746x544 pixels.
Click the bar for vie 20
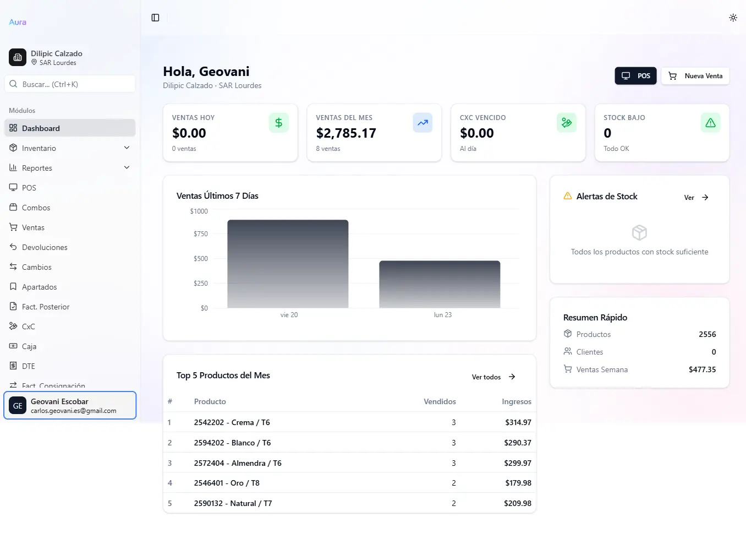point(288,264)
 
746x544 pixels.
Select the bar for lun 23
point(440,284)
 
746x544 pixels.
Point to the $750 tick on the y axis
point(201,234)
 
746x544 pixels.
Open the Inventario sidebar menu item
point(39,148)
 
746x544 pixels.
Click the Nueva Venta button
point(695,76)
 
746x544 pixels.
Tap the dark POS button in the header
point(636,76)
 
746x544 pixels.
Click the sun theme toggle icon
point(733,18)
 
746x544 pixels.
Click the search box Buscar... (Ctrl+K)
point(70,84)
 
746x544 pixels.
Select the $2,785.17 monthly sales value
point(346,133)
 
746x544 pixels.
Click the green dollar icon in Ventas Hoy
point(278,123)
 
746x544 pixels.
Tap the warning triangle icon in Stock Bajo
point(710,123)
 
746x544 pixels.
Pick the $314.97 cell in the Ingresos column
point(518,422)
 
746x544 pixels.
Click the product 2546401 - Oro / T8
point(227,483)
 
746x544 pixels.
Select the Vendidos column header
point(440,401)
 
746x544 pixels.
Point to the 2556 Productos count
point(707,334)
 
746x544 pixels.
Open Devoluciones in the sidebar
point(45,247)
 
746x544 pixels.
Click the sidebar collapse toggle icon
point(155,18)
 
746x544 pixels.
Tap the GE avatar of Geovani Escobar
point(18,406)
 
